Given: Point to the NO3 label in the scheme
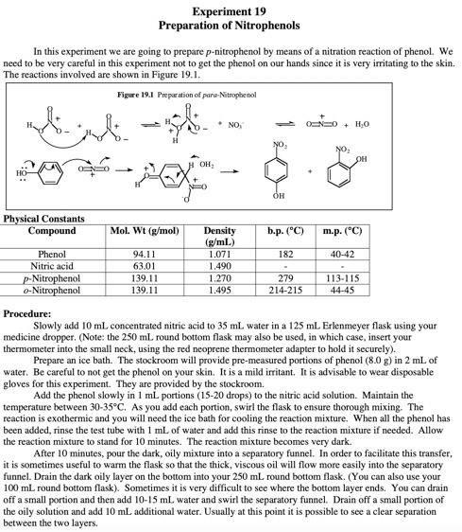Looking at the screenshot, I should (x=231, y=123).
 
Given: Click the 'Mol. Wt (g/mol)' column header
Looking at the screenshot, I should (x=145, y=231).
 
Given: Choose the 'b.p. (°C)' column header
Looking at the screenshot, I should (x=284, y=231).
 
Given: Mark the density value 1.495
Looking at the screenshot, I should (x=219, y=290).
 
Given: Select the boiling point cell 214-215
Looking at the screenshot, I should (x=284, y=290).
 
